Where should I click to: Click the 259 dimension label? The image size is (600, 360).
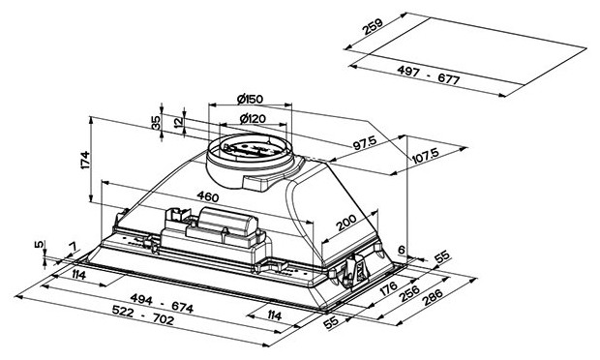pyautogui.click(x=373, y=26)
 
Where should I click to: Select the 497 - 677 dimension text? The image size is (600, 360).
pyautogui.click(x=428, y=75)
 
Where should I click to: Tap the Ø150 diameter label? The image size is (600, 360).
pyautogui.click(x=250, y=99)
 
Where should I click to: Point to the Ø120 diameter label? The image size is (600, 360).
pyautogui.click(x=253, y=119)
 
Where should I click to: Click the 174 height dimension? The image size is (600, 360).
pyautogui.click(x=85, y=160)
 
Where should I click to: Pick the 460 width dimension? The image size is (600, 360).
pyautogui.click(x=208, y=196)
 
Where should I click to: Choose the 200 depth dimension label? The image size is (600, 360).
pyautogui.click(x=346, y=223)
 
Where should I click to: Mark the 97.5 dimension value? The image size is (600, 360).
pyautogui.click(x=365, y=142)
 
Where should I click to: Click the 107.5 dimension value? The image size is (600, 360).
pyautogui.click(x=425, y=156)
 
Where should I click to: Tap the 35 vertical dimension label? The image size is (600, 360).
pyautogui.click(x=156, y=123)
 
